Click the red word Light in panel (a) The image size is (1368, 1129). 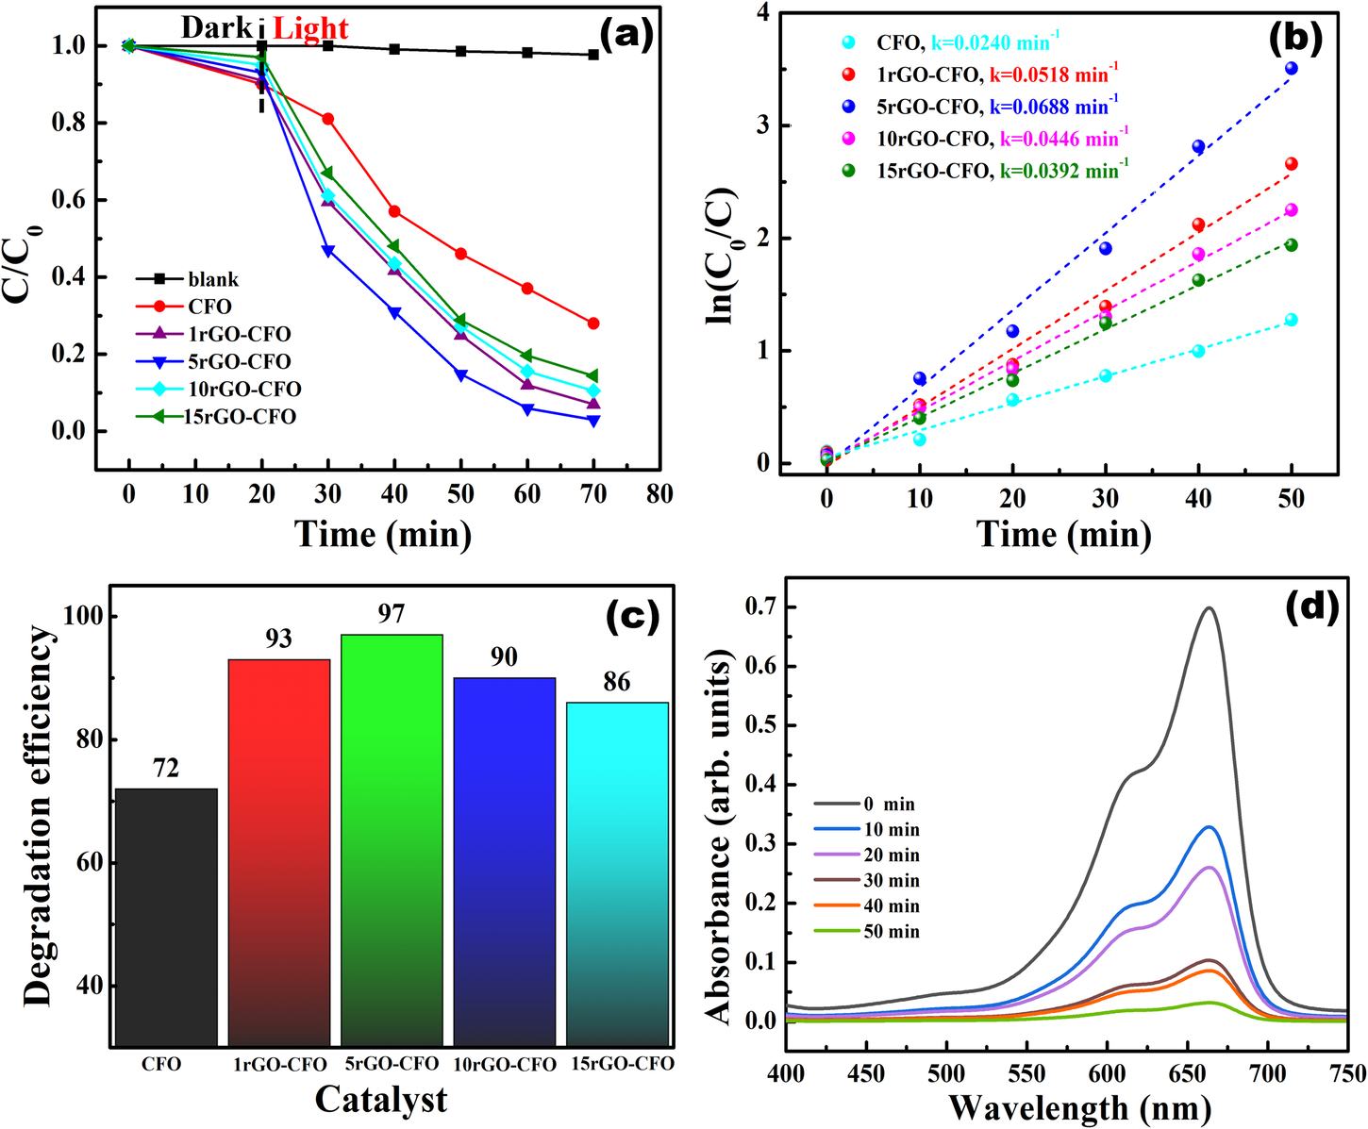point(310,29)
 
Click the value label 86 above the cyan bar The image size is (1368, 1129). point(616,682)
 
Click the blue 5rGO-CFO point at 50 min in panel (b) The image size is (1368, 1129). point(1291,68)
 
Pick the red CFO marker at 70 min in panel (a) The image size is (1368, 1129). point(593,324)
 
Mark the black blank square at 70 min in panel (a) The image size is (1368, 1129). point(593,55)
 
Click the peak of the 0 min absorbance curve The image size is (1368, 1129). point(1209,608)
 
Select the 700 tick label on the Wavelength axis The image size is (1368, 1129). point(1267,1074)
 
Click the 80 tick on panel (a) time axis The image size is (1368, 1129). point(659,493)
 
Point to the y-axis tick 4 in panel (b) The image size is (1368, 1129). point(760,13)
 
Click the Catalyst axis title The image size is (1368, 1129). point(381,1099)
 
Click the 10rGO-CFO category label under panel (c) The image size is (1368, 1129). point(505,1065)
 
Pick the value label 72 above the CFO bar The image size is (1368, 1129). point(166,769)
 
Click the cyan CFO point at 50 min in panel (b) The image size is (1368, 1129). point(1291,320)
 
